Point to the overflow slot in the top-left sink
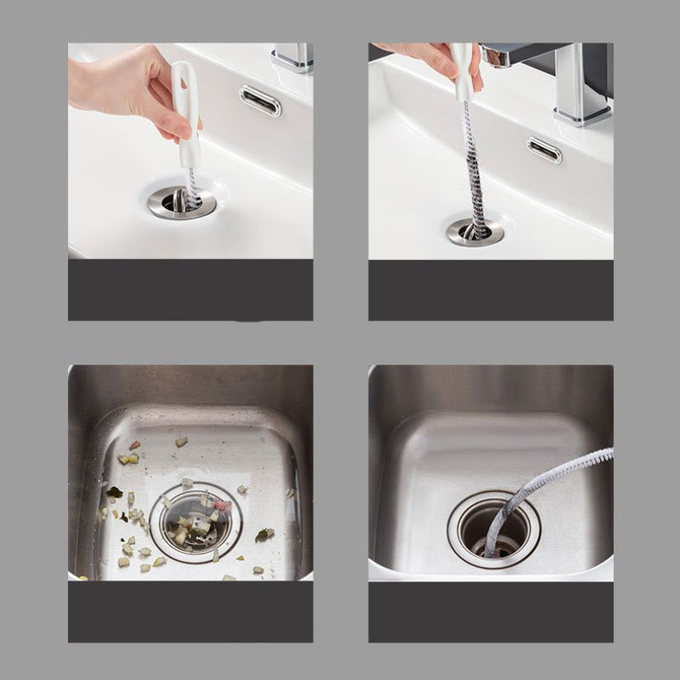point(260,100)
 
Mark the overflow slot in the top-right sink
point(544,150)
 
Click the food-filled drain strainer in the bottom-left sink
point(195,524)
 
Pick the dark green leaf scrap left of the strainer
point(114,492)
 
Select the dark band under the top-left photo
point(190,290)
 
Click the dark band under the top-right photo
point(490,290)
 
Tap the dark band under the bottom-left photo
point(190,612)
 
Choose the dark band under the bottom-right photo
point(490,612)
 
